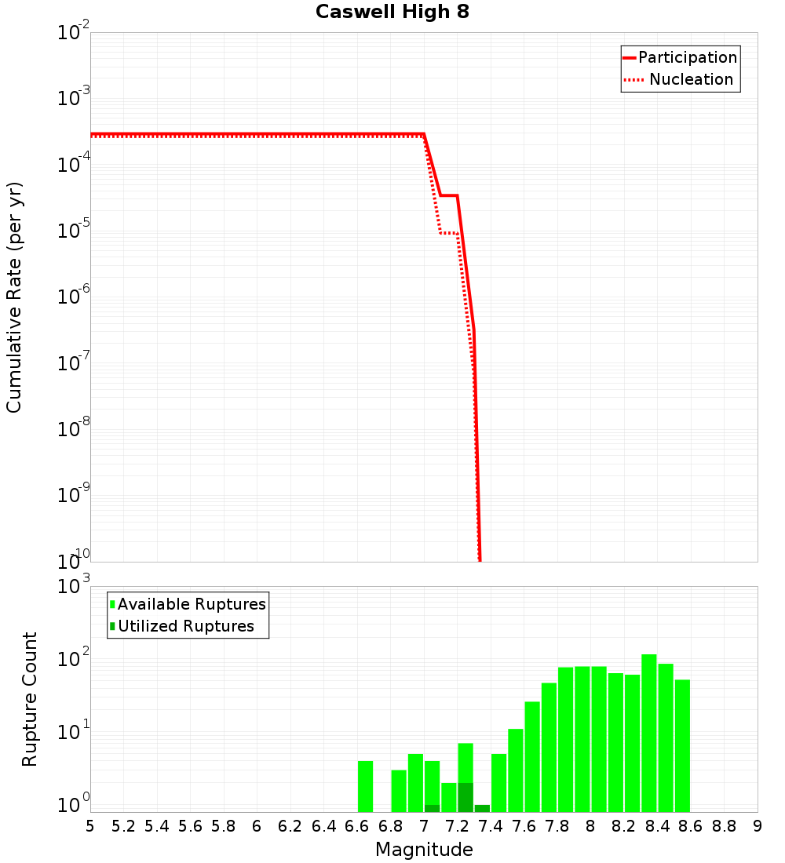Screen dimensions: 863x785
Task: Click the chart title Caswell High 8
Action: coord(392,13)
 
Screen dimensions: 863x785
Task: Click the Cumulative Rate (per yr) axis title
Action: coord(14,297)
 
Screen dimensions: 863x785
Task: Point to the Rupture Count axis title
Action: coord(30,699)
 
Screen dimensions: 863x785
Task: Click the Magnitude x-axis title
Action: coord(424,850)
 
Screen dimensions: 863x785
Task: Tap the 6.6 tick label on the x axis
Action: coord(356,825)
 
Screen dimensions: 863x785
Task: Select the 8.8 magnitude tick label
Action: coord(724,825)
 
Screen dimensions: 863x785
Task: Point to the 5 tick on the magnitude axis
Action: coord(90,825)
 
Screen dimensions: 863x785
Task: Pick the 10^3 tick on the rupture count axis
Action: coord(74,585)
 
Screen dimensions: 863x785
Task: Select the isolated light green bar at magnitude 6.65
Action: coord(365,786)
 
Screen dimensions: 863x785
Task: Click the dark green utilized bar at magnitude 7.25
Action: coord(466,797)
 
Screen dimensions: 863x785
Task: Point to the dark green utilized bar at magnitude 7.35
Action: coord(482,808)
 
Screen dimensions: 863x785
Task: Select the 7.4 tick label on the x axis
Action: coord(491,825)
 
